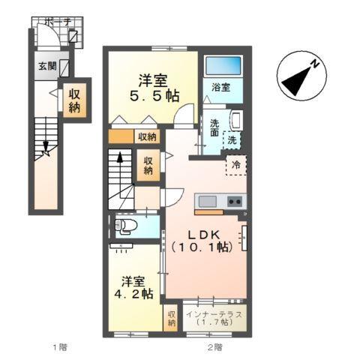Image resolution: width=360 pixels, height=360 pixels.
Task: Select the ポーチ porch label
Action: (x=57, y=23)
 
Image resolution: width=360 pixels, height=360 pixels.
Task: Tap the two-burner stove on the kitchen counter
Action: (x=233, y=201)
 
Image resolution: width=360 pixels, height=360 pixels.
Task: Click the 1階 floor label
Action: (x=60, y=347)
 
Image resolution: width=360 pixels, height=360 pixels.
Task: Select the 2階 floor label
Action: (x=215, y=347)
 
